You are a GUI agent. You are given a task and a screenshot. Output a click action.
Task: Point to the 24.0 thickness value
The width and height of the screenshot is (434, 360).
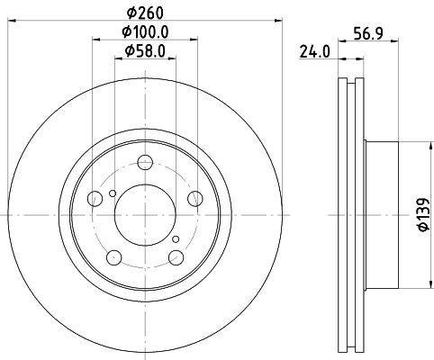[x=312, y=52]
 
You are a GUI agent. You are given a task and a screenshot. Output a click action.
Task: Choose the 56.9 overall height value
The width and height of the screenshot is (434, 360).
[x=363, y=37]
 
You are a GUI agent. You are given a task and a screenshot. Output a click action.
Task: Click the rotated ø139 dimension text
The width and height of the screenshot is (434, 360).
[x=420, y=215]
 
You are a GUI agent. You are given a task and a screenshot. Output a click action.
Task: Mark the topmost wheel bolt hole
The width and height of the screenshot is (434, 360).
[x=145, y=163]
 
